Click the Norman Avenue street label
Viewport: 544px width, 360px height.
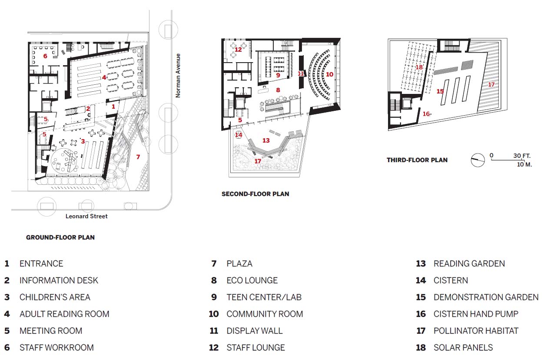[x=178, y=76]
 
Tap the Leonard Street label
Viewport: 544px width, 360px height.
[x=86, y=217]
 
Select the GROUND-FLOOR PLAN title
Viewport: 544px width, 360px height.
[x=60, y=237]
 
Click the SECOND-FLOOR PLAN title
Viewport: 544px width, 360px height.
[x=255, y=194]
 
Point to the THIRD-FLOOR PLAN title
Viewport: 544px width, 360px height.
[x=417, y=160]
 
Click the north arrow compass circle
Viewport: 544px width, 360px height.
[x=478, y=160]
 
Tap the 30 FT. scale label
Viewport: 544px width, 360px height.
[x=522, y=156]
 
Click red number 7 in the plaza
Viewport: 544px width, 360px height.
[x=138, y=157]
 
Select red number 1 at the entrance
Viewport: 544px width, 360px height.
[x=113, y=107]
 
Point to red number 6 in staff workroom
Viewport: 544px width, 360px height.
[x=45, y=56]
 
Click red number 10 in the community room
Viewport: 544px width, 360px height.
[x=329, y=74]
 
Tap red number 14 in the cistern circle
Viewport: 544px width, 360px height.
[x=239, y=135]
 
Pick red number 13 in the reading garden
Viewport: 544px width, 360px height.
[x=266, y=140]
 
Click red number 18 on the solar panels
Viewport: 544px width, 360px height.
[x=419, y=67]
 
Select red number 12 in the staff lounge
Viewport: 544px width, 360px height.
[x=238, y=50]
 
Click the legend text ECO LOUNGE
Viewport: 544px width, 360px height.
[x=252, y=280]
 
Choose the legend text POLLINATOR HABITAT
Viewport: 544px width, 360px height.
[x=476, y=331]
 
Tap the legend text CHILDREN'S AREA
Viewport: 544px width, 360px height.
[x=55, y=297]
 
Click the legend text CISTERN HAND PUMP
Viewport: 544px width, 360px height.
[x=476, y=314]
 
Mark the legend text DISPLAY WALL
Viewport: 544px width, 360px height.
[x=255, y=331]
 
